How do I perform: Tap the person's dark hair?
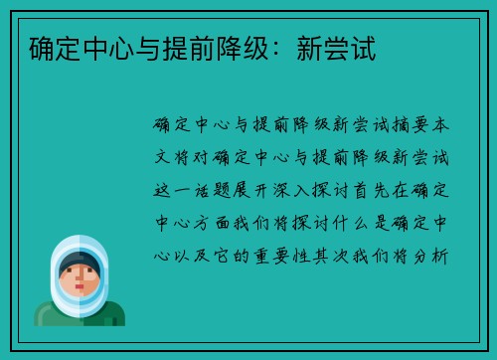coord(79,262)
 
